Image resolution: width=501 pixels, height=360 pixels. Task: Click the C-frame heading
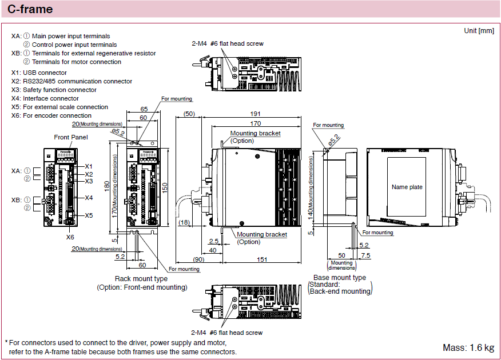point(30,9)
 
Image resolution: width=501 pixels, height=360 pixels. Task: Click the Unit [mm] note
point(479,30)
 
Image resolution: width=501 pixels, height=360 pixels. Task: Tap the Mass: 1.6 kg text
point(468,347)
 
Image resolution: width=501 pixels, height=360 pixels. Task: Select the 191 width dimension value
point(255,114)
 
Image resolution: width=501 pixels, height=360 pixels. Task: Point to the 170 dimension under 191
point(255,123)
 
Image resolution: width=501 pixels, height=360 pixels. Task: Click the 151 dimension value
point(261,259)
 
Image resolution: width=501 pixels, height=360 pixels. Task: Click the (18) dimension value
point(184,222)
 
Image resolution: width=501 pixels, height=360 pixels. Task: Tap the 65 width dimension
point(144,109)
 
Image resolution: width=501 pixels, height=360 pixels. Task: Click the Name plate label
point(407,187)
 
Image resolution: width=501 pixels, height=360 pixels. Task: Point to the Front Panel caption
point(71,137)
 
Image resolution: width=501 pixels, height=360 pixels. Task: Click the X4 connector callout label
point(89,198)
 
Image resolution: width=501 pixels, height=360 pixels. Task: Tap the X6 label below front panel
point(70,237)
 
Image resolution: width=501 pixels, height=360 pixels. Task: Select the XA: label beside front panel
point(17,170)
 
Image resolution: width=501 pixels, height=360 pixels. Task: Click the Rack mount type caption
point(141,279)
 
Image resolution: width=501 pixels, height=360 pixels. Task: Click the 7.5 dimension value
point(366,255)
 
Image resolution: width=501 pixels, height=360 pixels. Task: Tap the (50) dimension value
point(189,114)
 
